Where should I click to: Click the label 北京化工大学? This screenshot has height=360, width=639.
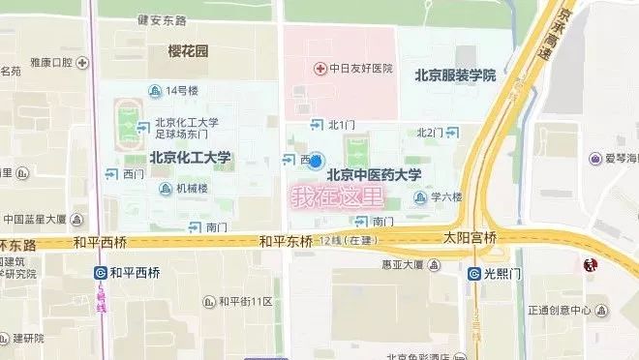point(190,157)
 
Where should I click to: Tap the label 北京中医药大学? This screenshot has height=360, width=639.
point(374,175)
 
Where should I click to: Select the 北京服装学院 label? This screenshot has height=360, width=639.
point(455,75)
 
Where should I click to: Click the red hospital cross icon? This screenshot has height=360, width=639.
point(320,69)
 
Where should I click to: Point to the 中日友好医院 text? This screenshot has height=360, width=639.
point(360,69)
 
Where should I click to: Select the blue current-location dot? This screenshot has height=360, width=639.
point(316,162)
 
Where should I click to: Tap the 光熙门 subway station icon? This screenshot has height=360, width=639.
point(474,274)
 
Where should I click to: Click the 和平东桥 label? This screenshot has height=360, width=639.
point(285,240)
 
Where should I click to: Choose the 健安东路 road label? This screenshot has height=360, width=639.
point(161,18)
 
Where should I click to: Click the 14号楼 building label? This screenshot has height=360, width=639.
point(181,91)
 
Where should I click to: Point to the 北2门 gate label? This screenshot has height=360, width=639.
point(430,132)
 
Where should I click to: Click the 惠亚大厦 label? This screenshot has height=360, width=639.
point(405,264)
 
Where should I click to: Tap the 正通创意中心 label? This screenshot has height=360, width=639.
point(560,311)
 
